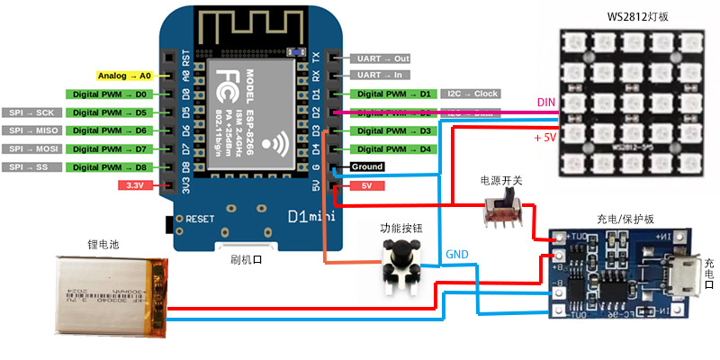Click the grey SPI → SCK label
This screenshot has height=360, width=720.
click(31, 112)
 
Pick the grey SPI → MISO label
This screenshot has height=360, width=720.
click(31, 130)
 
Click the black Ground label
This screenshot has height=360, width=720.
click(367, 167)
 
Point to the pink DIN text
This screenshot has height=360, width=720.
click(546, 103)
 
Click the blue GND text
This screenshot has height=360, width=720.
click(456, 255)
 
